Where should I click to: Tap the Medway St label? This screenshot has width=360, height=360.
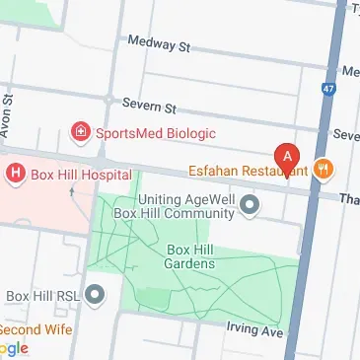tap(159, 43)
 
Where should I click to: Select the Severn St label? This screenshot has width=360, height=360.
tap(149, 104)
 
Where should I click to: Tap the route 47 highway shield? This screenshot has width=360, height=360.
tap(327, 90)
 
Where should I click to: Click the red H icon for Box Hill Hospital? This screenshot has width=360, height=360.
tap(16, 175)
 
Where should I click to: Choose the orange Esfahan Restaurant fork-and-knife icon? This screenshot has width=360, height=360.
tap(322, 168)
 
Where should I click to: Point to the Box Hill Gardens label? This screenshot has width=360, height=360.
tap(189, 256)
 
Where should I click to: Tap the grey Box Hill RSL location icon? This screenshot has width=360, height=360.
tap(96, 294)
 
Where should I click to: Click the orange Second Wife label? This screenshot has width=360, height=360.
tap(36, 328)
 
